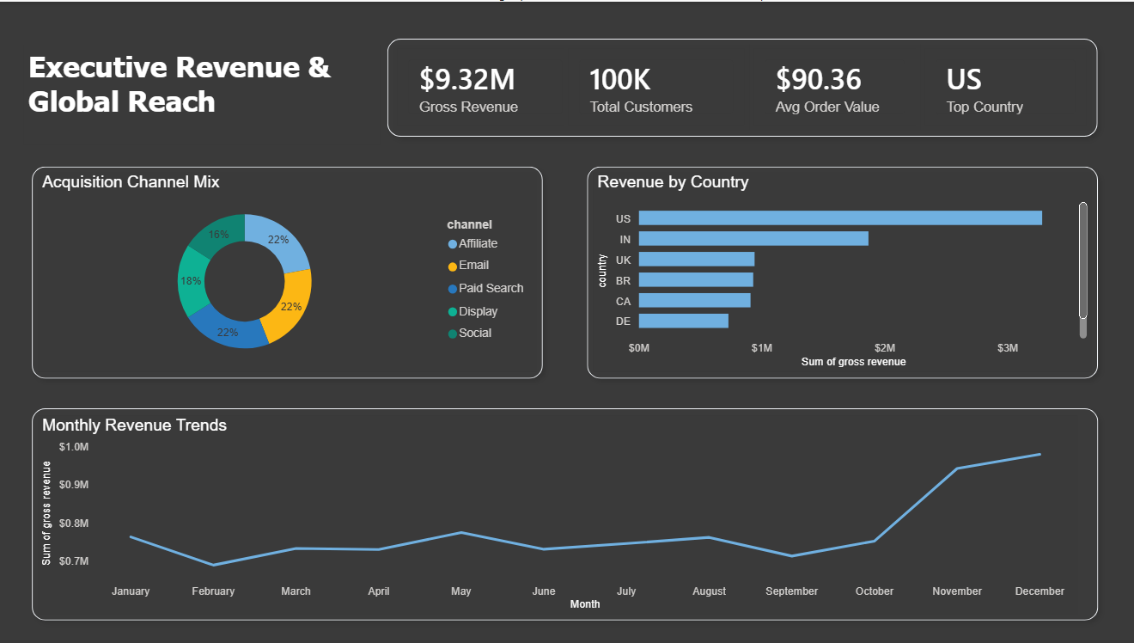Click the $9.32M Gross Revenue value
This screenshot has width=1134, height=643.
[466, 80]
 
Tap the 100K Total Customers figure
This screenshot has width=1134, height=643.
[619, 80]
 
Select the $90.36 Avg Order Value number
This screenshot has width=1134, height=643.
[818, 80]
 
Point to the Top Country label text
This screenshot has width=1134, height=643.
[985, 107]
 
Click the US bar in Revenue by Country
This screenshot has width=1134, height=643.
[839, 218]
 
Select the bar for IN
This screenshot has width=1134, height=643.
[753, 239]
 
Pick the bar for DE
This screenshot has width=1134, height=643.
[683, 321]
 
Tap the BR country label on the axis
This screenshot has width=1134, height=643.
[623, 280]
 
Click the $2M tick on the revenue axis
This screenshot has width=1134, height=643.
[884, 348]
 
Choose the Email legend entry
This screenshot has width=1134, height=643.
[473, 266]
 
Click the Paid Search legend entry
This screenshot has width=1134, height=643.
[491, 289]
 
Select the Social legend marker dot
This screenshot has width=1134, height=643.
[453, 334]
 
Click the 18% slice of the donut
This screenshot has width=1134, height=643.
[191, 282]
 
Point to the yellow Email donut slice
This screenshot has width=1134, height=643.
[291, 304]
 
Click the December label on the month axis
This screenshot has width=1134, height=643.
[1039, 591]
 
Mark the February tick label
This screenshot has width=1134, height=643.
[213, 591]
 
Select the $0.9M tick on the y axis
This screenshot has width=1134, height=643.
[74, 485]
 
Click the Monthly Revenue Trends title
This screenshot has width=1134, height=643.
[134, 426]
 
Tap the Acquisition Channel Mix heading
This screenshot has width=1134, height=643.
[131, 182]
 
